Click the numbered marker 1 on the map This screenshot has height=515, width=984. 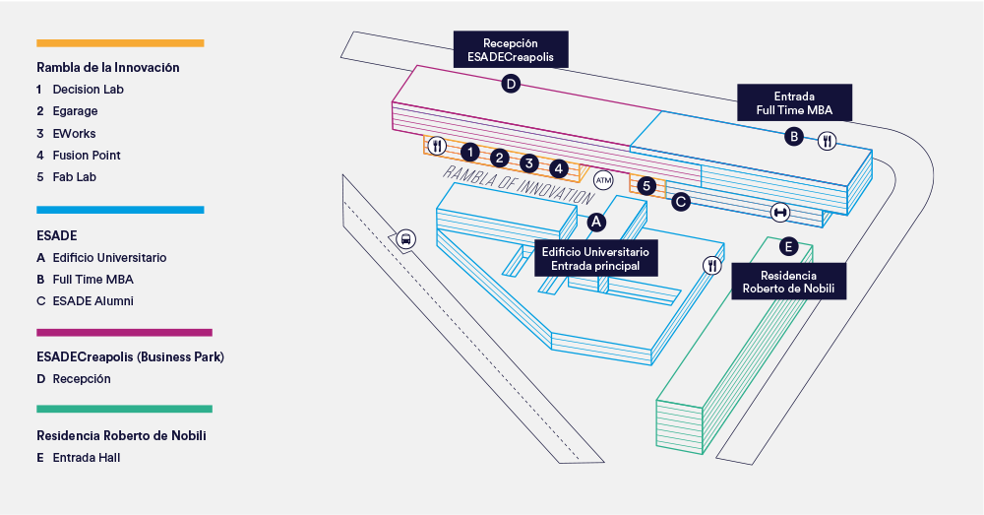(x=470, y=152)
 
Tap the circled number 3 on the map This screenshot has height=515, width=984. (x=529, y=163)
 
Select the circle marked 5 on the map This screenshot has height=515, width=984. (x=646, y=185)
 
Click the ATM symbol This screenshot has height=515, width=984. (x=603, y=180)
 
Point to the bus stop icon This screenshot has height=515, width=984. (x=404, y=238)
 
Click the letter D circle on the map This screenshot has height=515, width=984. (x=511, y=85)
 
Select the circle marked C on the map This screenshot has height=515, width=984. (x=680, y=201)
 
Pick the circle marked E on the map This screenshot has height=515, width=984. (x=787, y=245)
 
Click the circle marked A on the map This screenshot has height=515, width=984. (x=595, y=223)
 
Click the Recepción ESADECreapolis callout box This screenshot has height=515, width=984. (x=511, y=50)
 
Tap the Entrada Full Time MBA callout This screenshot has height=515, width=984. (x=793, y=102)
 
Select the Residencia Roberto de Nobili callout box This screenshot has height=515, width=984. (x=787, y=283)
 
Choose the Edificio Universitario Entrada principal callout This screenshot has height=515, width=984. (x=595, y=259)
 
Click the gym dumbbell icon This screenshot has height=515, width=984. (x=780, y=212)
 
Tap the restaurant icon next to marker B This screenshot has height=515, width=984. (x=827, y=141)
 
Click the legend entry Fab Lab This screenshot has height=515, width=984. (x=74, y=177)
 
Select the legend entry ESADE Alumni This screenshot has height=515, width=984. (x=92, y=301)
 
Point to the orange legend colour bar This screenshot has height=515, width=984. (x=120, y=43)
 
